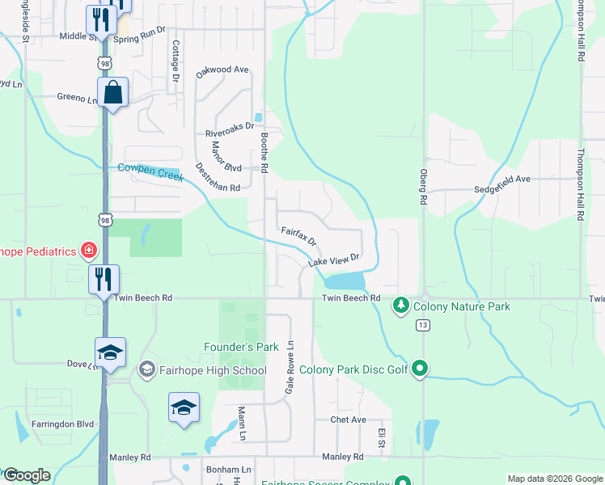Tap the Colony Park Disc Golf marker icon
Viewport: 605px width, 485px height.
pyautogui.click(x=419, y=369)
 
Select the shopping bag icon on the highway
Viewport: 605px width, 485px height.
pyautogui.click(x=112, y=93)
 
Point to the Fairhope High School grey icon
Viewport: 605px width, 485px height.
pyautogui.click(x=146, y=369)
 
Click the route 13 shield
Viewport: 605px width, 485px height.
pyautogui.click(x=422, y=325)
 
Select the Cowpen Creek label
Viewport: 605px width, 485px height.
pyautogui.click(x=150, y=171)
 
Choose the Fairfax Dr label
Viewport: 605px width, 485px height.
pyautogui.click(x=298, y=236)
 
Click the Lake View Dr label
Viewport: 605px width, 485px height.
pyautogui.click(x=332, y=260)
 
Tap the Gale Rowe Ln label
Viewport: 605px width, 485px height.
pyautogui.click(x=288, y=367)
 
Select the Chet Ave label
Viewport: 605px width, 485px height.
pyautogui.click(x=348, y=420)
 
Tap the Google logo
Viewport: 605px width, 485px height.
pyautogui.click(x=27, y=475)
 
